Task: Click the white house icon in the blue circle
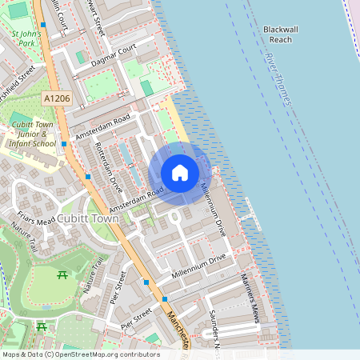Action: tap(180, 173)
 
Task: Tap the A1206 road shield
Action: tap(54, 97)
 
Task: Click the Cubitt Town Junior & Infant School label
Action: tap(32, 132)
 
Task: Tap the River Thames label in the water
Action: tap(277, 80)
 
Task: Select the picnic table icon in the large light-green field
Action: tap(62, 276)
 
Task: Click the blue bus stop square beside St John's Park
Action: tap(44, 26)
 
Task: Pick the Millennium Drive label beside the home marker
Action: tap(214, 208)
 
